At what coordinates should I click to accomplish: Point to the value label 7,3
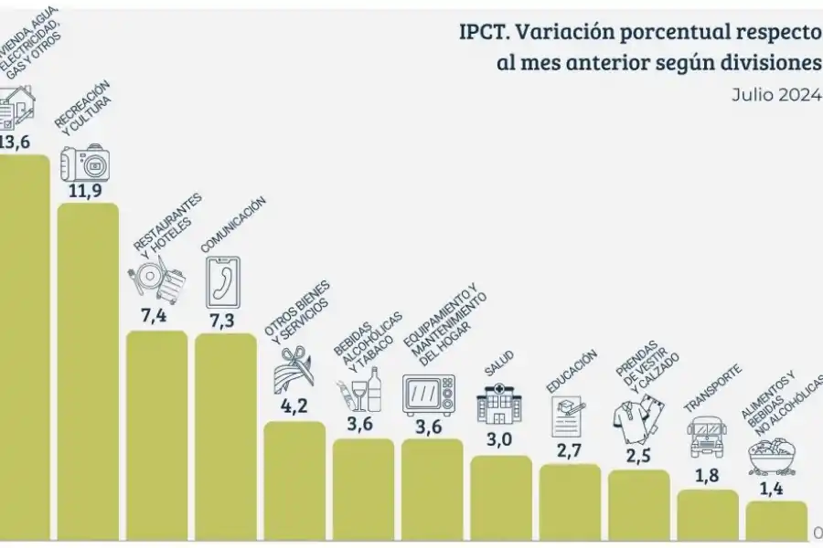point(225,320)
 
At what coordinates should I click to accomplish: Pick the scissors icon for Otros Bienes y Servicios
point(294,367)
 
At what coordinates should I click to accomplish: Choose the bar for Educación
point(570,502)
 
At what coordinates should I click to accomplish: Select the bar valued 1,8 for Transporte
point(708,516)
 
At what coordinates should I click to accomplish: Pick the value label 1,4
point(775,487)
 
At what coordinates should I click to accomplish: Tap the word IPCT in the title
point(483,33)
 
